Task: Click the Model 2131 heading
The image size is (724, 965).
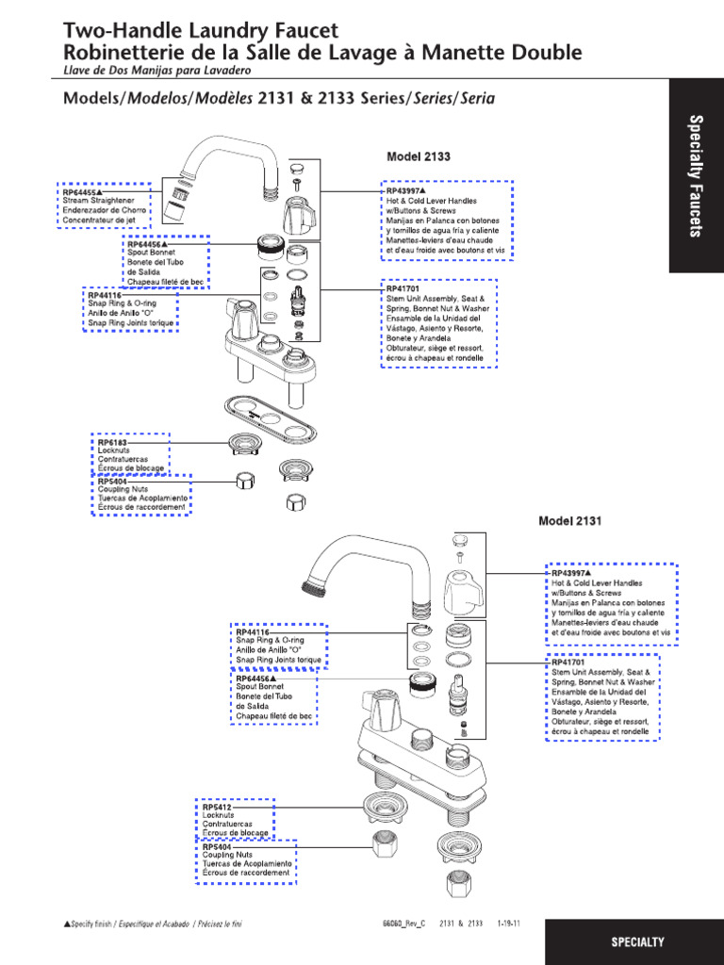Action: pyautogui.click(x=569, y=520)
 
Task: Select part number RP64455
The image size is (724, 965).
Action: pyautogui.click(x=81, y=191)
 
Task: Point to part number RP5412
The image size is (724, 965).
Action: pyautogui.click(x=216, y=807)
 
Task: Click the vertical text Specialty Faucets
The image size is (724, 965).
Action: pyautogui.click(x=696, y=175)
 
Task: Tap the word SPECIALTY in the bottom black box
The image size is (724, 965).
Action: pyautogui.click(x=637, y=941)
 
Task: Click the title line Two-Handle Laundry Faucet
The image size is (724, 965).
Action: pyautogui.click(x=200, y=32)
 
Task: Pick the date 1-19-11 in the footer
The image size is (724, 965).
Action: pyautogui.click(x=510, y=924)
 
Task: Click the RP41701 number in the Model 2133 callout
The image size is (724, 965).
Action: pyautogui.click(x=402, y=288)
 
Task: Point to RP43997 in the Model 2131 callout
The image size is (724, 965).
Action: pyautogui.click(x=568, y=573)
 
